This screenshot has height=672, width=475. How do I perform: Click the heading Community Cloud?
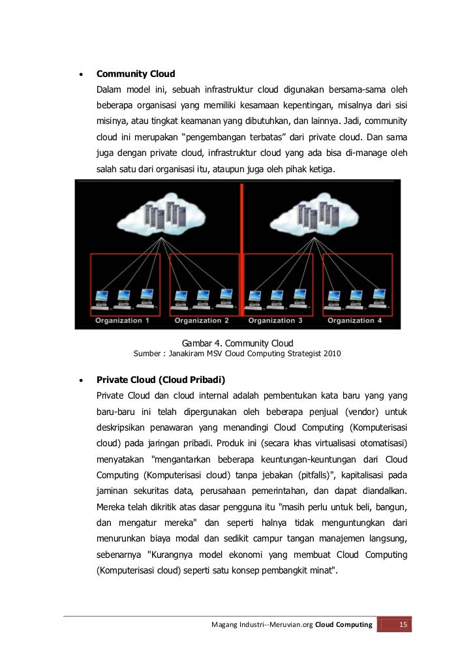(136, 74)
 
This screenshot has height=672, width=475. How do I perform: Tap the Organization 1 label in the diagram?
(122, 320)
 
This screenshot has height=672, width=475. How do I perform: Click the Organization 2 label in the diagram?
(202, 320)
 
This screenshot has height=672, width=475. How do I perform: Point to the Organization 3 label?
(275, 320)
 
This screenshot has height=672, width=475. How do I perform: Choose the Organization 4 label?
(355, 320)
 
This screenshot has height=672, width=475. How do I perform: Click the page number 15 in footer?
(403, 625)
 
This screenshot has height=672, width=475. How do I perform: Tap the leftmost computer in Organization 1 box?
(102, 299)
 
